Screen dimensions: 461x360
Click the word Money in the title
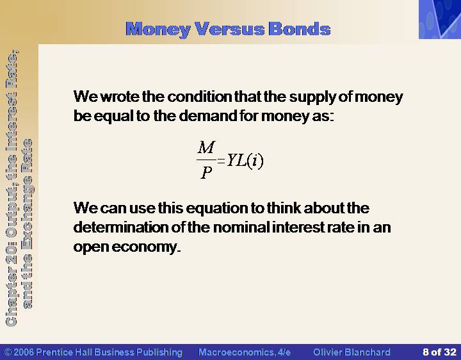tap(158, 29)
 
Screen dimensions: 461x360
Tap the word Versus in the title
tap(229, 29)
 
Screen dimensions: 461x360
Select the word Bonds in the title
tap(300, 29)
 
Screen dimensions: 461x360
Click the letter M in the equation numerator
tap(206, 147)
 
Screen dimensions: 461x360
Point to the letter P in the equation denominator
tap(206, 172)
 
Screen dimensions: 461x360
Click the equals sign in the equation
tap(221, 161)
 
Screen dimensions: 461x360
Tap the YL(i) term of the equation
tap(245, 161)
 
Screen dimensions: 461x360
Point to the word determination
tap(121, 227)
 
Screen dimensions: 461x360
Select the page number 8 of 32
tap(439, 352)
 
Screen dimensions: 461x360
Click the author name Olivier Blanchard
tap(352, 352)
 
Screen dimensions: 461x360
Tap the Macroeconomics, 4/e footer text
tap(245, 352)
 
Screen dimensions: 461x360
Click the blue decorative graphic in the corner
tap(440, 19)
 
